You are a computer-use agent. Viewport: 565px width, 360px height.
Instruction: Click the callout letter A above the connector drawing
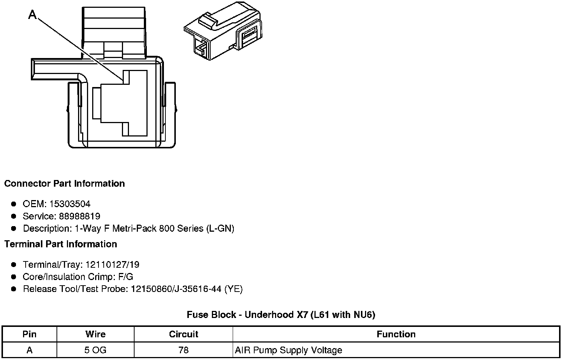pos(33,15)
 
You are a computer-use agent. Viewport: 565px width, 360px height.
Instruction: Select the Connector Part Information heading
pos(64,184)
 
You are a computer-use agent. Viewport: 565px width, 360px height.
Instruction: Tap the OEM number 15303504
pos(70,204)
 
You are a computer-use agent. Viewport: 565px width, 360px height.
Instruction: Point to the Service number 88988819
pos(80,216)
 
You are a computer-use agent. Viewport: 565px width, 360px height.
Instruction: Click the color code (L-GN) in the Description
pos(220,228)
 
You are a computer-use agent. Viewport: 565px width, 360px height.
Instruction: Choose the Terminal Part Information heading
pos(61,244)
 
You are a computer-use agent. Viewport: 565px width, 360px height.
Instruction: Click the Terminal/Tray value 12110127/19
pos(112,264)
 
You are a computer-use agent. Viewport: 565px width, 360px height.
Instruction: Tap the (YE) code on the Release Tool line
pos(233,289)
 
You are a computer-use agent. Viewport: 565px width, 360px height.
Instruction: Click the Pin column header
pos(29,334)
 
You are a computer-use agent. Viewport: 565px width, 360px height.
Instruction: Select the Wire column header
pos(96,334)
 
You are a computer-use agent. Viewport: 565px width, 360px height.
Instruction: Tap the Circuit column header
pos(184,334)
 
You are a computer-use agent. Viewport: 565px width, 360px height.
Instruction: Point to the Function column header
pos(396,334)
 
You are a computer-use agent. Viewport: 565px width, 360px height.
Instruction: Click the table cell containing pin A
pos(29,350)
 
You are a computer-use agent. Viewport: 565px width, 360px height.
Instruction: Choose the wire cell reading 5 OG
pos(96,350)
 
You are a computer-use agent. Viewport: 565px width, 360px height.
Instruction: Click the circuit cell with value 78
pos(184,350)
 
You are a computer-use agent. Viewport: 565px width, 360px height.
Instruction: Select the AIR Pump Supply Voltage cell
pos(288,350)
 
